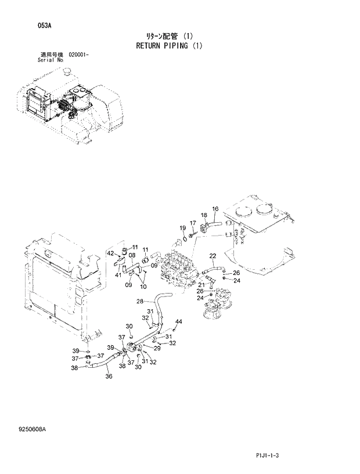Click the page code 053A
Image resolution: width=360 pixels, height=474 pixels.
click(28, 26)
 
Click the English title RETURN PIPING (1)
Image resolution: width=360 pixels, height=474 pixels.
click(169, 45)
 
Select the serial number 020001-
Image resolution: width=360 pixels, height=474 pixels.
click(78, 54)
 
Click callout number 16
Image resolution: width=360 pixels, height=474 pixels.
click(215, 209)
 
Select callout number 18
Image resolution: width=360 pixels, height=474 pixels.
click(204, 215)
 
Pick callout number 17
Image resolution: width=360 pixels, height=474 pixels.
click(193, 223)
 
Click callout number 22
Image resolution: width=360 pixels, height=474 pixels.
click(213, 256)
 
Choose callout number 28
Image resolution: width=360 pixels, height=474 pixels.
click(139, 301)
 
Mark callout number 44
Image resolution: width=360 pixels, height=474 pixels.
click(178, 321)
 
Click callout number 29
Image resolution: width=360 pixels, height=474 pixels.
click(157, 348)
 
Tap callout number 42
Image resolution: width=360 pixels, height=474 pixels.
click(110, 254)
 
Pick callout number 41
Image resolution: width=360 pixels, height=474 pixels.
click(118, 274)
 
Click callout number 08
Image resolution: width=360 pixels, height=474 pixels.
click(132, 255)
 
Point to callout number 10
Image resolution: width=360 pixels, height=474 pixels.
click(143, 286)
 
